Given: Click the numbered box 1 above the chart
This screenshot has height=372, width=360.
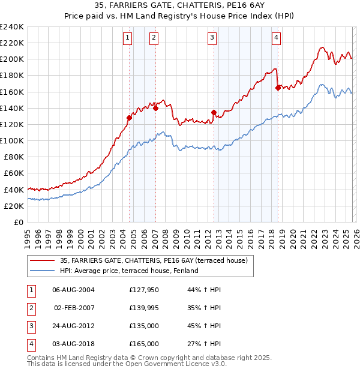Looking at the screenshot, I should [128, 38].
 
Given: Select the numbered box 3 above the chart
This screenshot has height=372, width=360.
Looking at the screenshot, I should [212, 38].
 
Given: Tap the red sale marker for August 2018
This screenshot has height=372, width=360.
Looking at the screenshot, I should [277, 88].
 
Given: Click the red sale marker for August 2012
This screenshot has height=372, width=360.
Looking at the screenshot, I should [214, 112].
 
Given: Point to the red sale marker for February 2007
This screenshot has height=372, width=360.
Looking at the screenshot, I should [155, 108].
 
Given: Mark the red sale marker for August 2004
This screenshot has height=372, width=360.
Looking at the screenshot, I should [129, 118].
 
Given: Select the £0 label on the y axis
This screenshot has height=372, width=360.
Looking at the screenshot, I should [18, 222].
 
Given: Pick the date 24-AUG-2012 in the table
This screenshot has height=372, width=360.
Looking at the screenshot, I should [73, 326].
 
